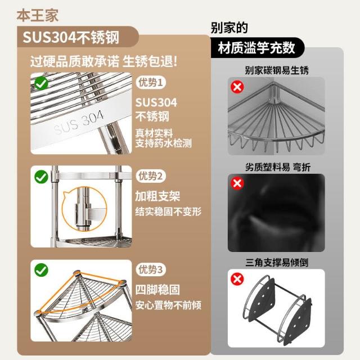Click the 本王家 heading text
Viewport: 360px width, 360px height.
click(38, 16)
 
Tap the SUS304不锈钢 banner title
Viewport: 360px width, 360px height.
click(71, 38)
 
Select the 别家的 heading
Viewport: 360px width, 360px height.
click(229, 28)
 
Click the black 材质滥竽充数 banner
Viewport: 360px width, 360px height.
click(257, 48)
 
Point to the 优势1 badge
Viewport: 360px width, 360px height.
click(151, 83)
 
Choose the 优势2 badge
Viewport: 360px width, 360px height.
click(151, 176)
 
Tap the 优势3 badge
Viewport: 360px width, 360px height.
click(151, 269)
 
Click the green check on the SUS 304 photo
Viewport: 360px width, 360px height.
click(41, 83)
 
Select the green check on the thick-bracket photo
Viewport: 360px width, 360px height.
click(41, 177)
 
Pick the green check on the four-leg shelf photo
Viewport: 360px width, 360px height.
click(41, 270)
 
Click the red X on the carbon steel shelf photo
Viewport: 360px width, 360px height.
click(237, 87)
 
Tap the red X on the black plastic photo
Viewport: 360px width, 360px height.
click(237, 183)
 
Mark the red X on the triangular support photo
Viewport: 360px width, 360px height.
click(237, 279)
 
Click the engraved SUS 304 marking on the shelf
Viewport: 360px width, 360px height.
click(79, 123)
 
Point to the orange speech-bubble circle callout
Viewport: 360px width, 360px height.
click(85, 209)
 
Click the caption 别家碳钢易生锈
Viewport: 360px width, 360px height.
click(277, 70)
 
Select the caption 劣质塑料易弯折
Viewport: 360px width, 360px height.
click(278, 167)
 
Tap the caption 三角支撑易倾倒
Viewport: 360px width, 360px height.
click(277, 263)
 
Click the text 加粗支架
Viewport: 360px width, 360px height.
click(157, 196)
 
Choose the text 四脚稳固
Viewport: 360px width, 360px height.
click(157, 290)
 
